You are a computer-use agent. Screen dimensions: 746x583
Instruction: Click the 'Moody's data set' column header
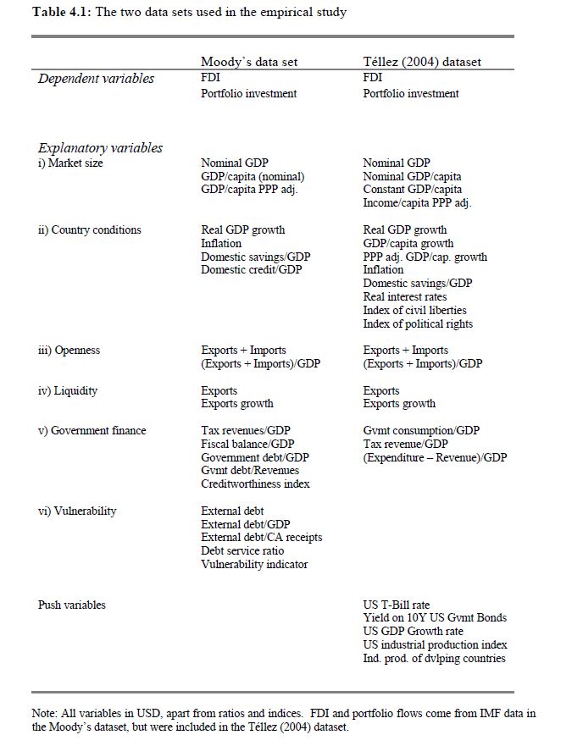click(x=249, y=62)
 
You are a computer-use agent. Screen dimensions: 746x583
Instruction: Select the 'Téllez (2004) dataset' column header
click(x=422, y=62)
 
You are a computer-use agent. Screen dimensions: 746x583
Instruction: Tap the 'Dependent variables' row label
click(x=96, y=79)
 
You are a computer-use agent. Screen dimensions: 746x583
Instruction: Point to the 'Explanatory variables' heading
click(x=100, y=147)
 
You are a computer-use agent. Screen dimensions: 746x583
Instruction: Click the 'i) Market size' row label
click(x=70, y=163)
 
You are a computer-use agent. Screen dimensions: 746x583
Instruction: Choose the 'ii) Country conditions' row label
click(x=89, y=229)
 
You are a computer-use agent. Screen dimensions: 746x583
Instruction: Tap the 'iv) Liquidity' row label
click(x=68, y=390)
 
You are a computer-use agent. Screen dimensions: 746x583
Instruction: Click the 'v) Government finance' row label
click(x=92, y=430)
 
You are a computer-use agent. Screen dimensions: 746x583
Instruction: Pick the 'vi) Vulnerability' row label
click(x=77, y=511)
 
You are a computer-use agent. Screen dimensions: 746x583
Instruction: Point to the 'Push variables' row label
click(x=72, y=605)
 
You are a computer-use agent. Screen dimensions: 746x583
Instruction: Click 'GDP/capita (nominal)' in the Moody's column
click(x=253, y=176)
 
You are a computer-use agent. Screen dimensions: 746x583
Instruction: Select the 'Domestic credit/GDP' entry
click(x=251, y=269)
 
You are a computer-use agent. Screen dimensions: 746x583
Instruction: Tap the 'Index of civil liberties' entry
click(x=415, y=310)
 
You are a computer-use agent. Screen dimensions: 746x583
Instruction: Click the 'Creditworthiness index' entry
click(x=255, y=484)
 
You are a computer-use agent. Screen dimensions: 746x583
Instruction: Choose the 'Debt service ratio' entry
click(x=242, y=550)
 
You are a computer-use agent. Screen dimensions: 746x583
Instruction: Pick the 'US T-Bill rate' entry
click(x=397, y=605)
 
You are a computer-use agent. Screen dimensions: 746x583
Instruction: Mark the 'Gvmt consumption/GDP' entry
click(x=421, y=430)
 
